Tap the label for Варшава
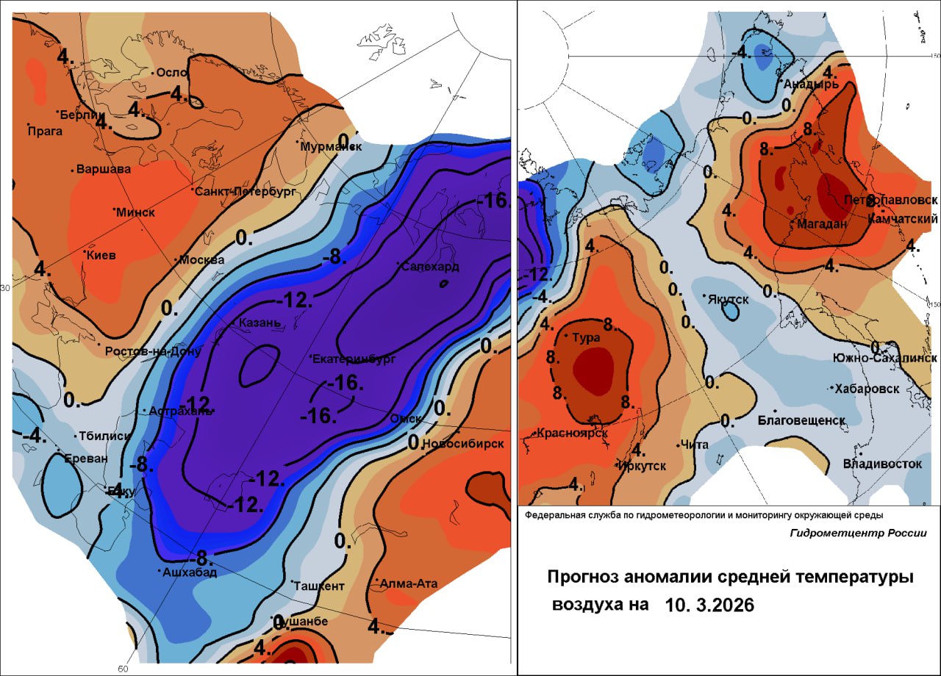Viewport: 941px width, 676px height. (x=104, y=169)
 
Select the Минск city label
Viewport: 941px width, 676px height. (x=136, y=212)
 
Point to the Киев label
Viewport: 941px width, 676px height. (x=102, y=255)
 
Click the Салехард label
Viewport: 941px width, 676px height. (x=431, y=266)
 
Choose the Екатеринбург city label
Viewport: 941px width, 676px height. (x=354, y=359)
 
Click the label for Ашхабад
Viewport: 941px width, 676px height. (x=190, y=572)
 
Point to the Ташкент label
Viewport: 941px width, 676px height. (x=319, y=586)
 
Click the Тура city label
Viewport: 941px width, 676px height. (x=587, y=337)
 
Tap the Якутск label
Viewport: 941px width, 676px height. (x=729, y=299)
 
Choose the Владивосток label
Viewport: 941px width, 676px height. (x=882, y=464)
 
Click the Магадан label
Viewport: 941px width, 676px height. (x=821, y=224)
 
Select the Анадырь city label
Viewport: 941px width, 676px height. (x=812, y=84)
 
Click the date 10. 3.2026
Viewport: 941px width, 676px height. (x=709, y=605)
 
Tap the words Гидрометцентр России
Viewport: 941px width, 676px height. (x=858, y=533)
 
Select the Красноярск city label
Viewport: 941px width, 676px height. (x=573, y=433)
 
